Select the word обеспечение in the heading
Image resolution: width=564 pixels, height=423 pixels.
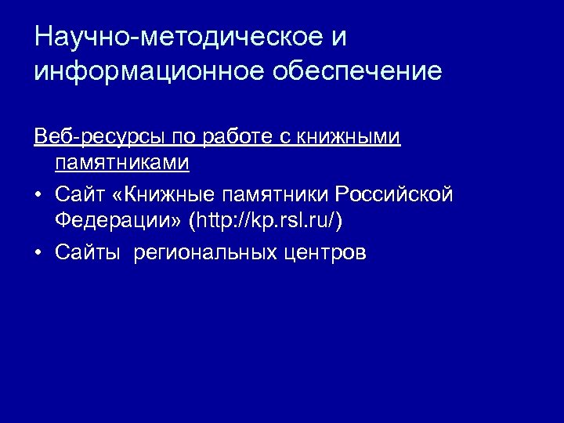[x=357, y=71]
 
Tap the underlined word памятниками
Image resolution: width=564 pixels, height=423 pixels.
[x=122, y=164]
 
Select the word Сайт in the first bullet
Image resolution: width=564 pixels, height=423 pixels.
[x=79, y=193]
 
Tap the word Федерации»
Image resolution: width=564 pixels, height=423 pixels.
[x=118, y=222]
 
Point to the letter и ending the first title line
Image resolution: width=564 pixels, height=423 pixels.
[x=338, y=37]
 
